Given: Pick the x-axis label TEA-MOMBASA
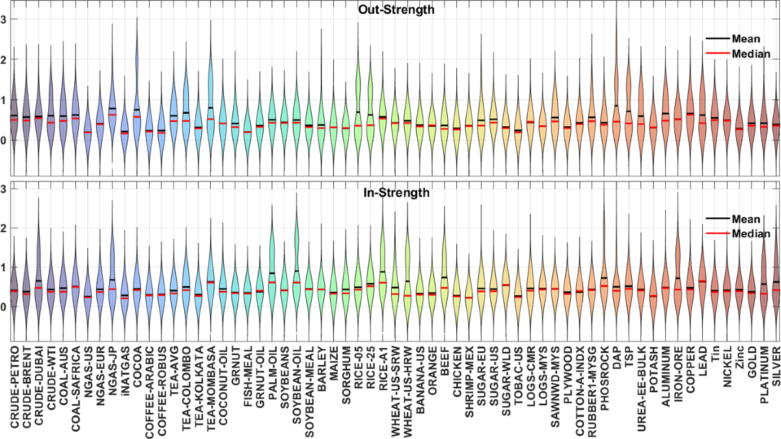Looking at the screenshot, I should pyautogui.click(x=211, y=388).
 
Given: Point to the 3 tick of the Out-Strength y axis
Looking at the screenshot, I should pyautogui.click(x=4, y=19).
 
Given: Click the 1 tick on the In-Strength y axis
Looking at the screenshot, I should pyautogui.click(x=4, y=267).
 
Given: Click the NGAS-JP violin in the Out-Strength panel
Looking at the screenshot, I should pyautogui.click(x=113, y=111).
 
